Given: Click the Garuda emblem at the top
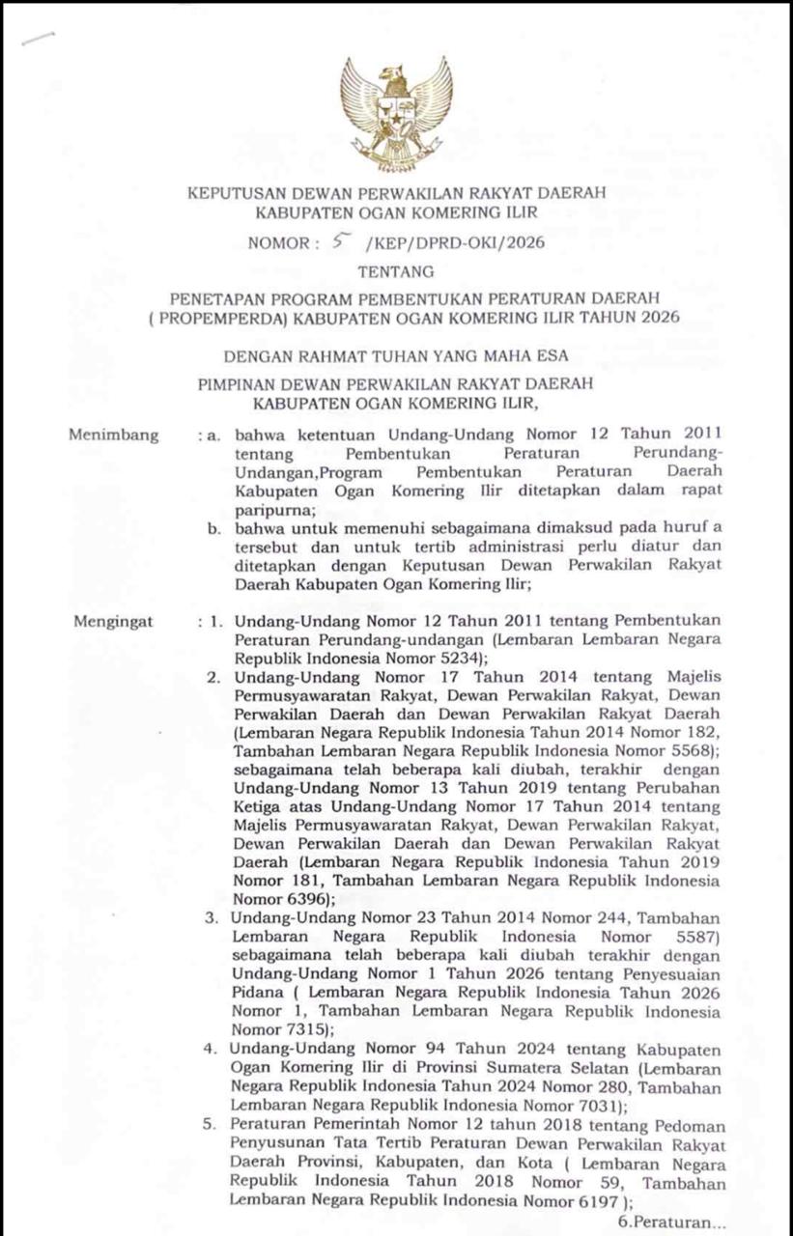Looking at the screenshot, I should [x=396, y=111].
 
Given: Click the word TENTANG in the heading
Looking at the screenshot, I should [x=396, y=271].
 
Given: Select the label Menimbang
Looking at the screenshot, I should [x=114, y=435].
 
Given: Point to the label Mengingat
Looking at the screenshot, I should [x=113, y=622].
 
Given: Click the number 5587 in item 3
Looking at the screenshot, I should [x=687, y=937].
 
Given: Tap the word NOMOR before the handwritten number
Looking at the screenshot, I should [x=278, y=243].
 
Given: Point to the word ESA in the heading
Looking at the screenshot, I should [x=552, y=355].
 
